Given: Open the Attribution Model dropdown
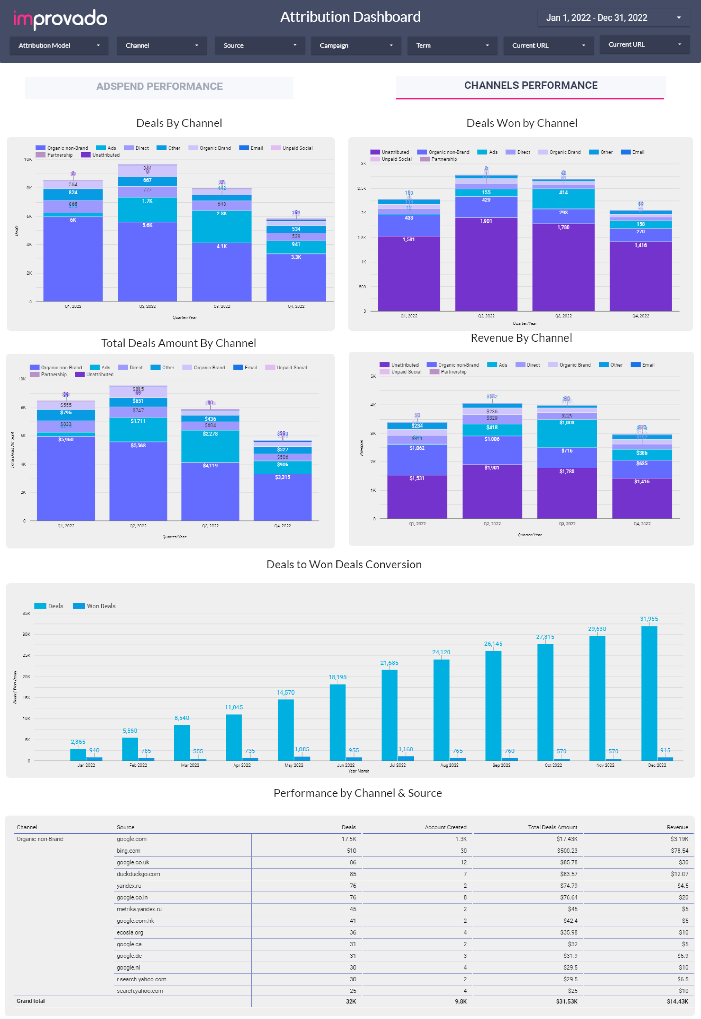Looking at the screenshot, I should (x=58, y=45).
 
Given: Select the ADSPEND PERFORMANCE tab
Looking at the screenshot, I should (x=159, y=87).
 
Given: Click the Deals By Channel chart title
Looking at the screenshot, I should (x=179, y=123).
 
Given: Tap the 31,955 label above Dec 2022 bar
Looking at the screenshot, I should (x=648, y=619).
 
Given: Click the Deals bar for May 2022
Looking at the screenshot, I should (x=286, y=729).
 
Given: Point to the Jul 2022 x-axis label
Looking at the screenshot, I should (x=397, y=765).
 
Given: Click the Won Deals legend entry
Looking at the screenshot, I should (x=95, y=606).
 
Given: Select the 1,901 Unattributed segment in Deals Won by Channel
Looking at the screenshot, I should (x=486, y=264).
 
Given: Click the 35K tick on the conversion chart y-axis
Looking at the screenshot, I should (x=26, y=613).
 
